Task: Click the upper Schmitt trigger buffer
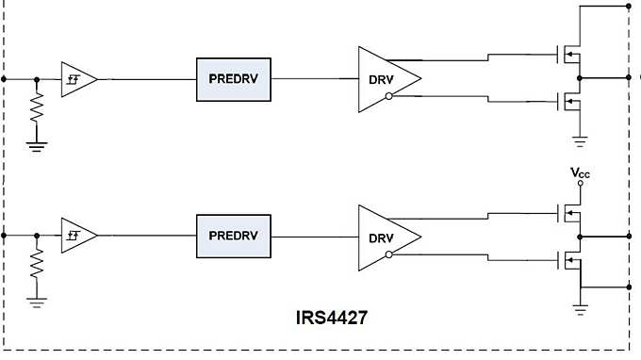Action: (77, 79)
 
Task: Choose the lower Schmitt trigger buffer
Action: (77, 235)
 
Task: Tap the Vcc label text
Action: (580, 173)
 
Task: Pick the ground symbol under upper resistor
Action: (37, 145)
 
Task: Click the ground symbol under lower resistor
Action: (37, 301)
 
